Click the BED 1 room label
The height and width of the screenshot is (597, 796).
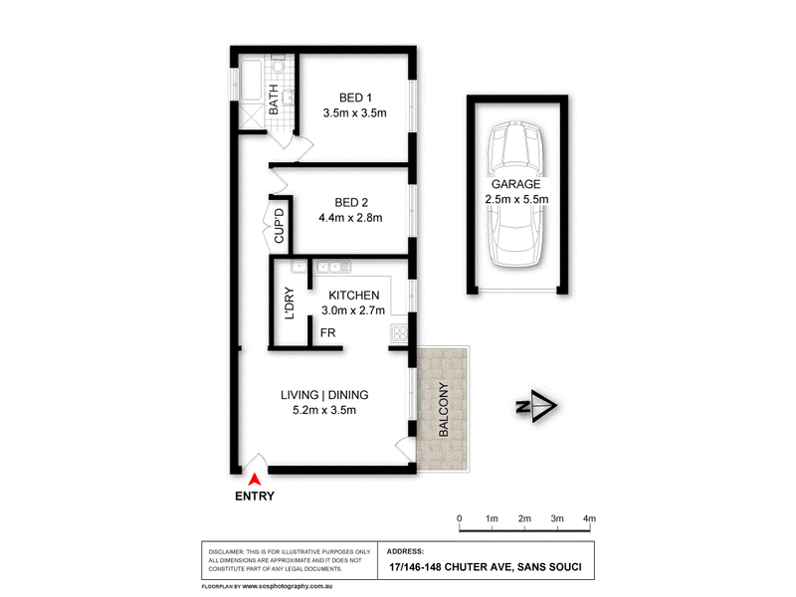355,98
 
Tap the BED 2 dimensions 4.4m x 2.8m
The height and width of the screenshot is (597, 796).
350,218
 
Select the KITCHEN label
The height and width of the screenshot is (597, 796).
354,296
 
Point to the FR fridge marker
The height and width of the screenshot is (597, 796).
328,332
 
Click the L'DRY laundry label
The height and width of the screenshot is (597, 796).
290,303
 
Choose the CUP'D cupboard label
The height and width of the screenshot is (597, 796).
280,226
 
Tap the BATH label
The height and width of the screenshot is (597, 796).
273,99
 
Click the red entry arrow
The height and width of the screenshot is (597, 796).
255,480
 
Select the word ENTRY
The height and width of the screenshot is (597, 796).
255,496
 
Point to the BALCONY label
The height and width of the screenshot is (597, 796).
443,409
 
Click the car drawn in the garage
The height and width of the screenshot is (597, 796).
515,194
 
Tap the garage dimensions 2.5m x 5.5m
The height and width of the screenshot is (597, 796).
516,200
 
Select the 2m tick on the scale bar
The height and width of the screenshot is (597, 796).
525,529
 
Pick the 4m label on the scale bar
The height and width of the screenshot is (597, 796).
589,518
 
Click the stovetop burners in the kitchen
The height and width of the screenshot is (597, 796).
400,333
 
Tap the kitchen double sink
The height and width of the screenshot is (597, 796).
333,267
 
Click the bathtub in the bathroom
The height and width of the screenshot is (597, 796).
251,81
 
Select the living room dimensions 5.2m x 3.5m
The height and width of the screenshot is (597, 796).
324,410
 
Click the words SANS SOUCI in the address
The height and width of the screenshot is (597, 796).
549,567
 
